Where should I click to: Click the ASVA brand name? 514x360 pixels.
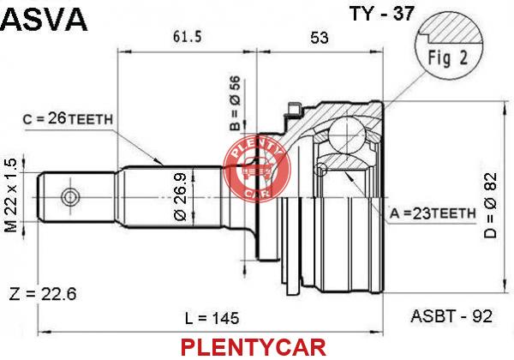tap(44, 20)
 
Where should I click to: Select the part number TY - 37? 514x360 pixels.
tap(382, 14)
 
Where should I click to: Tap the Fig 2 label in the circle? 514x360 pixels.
tap(447, 58)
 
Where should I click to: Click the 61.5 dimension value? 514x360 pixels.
tap(187, 36)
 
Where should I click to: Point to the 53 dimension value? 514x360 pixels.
tap(319, 38)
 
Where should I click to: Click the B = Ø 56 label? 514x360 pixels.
tap(235, 103)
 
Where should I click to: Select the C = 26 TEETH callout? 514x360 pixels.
tap(68, 118)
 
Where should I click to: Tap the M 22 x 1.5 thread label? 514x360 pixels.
tap(11, 195)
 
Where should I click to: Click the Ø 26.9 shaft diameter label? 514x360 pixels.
tap(180, 197)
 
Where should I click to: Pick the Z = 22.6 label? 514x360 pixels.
tap(43, 294)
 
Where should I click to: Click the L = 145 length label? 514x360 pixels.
tap(212, 318)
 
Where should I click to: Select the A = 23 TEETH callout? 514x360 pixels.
tap(433, 213)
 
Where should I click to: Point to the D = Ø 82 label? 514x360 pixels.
tap(491, 206)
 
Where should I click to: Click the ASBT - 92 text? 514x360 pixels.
tap(451, 316)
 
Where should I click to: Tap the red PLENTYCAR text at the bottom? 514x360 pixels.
tap(254, 347)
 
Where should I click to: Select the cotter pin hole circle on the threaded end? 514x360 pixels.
tap(70, 197)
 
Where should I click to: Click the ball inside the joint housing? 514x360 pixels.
tap(346, 135)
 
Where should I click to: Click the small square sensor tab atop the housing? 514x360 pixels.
tap(294, 108)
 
